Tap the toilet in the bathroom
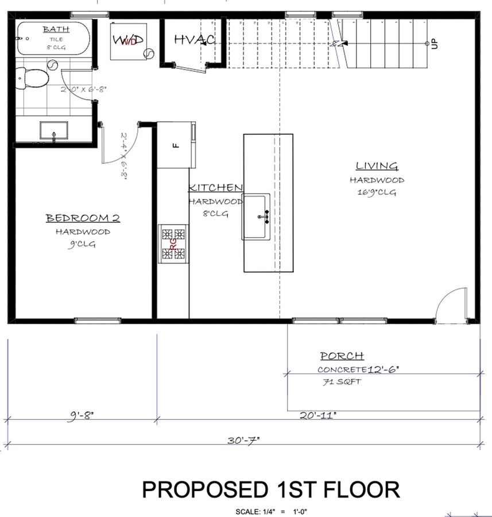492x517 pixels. coord(28,77)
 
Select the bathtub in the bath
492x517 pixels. coord(52,38)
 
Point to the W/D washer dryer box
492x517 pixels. coord(128,40)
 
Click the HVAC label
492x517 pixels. coord(194,40)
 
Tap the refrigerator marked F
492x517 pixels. coord(176,145)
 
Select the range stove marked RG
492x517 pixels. coord(173,244)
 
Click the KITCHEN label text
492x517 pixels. coord(216,188)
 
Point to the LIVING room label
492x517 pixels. coord(377,167)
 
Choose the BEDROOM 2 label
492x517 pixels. coord(83,218)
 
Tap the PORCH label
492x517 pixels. coord(342,356)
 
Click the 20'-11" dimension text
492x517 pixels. coord(317,415)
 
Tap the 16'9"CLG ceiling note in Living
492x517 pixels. coord(377,193)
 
